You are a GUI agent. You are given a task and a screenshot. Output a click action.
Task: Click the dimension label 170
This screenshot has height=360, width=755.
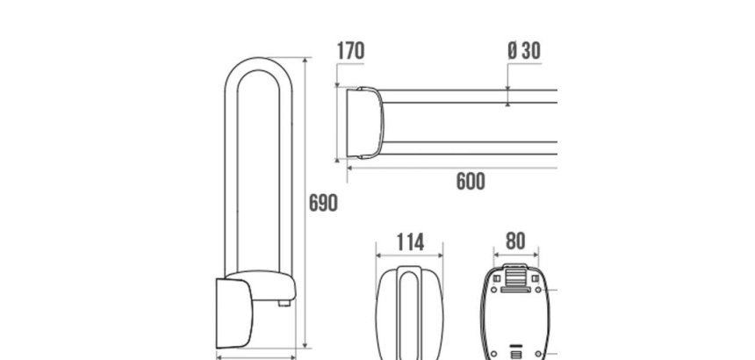click(x=350, y=51)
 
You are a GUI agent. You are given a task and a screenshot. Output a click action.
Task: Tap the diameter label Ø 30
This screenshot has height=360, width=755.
click(x=524, y=51)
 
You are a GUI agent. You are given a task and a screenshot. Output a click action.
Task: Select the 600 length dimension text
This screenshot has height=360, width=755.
click(x=471, y=182)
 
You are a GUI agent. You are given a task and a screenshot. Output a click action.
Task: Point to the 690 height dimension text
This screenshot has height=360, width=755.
click(x=323, y=203)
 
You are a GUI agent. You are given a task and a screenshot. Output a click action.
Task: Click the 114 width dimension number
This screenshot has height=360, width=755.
click(x=410, y=242)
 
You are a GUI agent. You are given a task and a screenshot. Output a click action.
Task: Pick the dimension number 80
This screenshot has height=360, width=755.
click(x=515, y=241)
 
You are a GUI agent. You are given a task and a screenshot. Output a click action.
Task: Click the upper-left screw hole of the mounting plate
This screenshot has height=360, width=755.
click(x=493, y=290)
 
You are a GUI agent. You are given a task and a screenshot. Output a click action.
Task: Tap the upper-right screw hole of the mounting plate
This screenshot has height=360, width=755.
click(x=538, y=290)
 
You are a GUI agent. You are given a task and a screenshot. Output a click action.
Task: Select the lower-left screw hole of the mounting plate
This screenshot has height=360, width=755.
click(x=493, y=354)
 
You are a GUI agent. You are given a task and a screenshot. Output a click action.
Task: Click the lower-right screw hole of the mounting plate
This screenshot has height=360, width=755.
click(x=538, y=354)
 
